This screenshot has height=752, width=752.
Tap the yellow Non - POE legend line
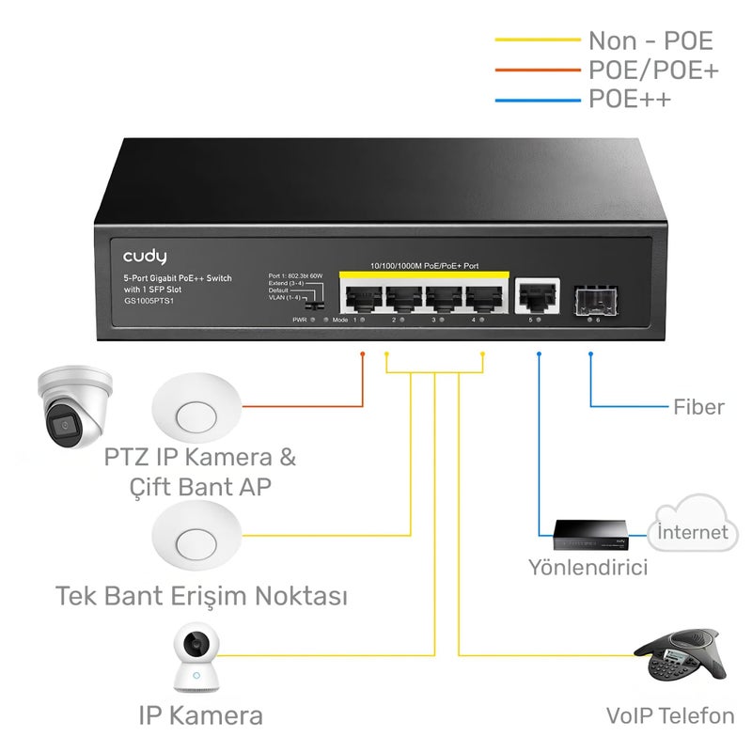pos(537,40)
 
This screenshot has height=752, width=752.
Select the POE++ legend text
pos(630,99)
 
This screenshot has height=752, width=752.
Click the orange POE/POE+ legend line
pos(537,70)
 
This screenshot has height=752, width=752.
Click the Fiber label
pos(698,407)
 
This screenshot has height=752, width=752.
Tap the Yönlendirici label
pos(587,568)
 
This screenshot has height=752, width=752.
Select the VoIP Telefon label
pos(670,716)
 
